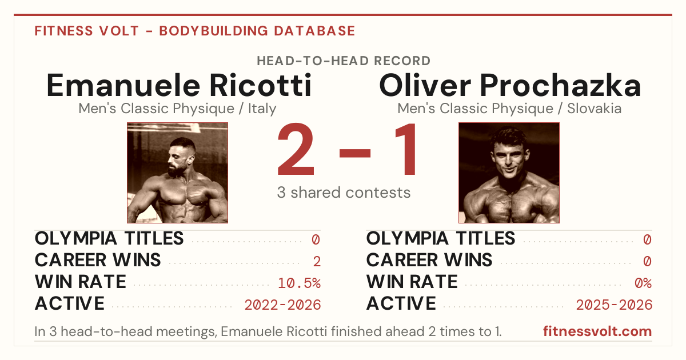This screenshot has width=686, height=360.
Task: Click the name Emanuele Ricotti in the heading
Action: pyautogui.click(x=179, y=85)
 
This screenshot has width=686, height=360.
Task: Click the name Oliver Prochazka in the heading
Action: pyautogui.click(x=510, y=85)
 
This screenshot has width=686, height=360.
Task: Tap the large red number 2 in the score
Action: pyautogui.click(x=296, y=149)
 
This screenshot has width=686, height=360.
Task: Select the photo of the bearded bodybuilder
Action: pyautogui.click(x=177, y=173)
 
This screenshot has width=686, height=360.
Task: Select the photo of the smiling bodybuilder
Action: pyautogui.click(x=509, y=173)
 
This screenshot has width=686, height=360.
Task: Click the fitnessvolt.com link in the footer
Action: pyautogui.click(x=597, y=331)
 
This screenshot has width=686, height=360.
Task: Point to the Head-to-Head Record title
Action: pyautogui.click(x=344, y=61)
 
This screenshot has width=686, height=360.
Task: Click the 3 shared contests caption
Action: pyautogui.click(x=344, y=193)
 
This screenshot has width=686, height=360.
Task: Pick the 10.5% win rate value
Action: pyautogui.click(x=299, y=283)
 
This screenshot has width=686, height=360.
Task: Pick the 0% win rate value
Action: pyautogui.click(x=643, y=283)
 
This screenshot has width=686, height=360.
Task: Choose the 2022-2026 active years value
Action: pyautogui.click(x=282, y=305)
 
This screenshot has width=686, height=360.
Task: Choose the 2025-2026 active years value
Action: pyautogui.click(x=614, y=305)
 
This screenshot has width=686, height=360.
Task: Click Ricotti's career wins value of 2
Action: pyautogui.click(x=317, y=262)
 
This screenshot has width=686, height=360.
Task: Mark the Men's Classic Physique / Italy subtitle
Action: pyautogui.click(x=177, y=109)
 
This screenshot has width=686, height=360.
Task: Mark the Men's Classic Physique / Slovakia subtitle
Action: pyautogui.click(x=509, y=109)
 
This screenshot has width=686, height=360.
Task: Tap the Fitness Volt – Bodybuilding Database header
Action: pyautogui.click(x=195, y=31)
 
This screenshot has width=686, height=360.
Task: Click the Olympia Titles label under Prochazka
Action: pyautogui.click(x=441, y=238)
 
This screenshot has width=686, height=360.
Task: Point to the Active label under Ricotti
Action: pyautogui.click(x=70, y=303)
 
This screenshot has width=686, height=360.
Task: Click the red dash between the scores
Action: pyautogui.click(x=355, y=153)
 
